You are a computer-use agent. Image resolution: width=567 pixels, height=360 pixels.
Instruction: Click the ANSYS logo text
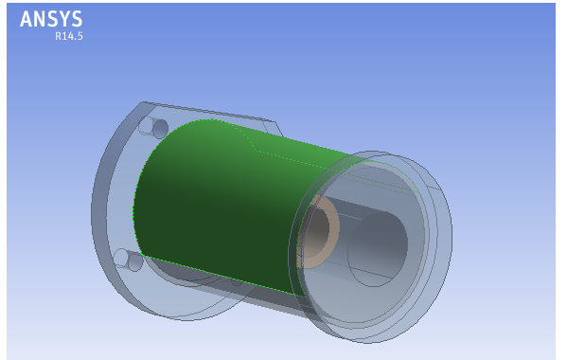click(51, 19)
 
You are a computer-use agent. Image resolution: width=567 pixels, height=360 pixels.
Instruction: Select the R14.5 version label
click(69, 36)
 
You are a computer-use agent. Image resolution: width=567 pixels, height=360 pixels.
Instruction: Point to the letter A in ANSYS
click(27, 19)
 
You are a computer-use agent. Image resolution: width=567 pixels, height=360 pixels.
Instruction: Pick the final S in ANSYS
click(77, 19)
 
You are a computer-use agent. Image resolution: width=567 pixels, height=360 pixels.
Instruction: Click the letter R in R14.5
click(58, 36)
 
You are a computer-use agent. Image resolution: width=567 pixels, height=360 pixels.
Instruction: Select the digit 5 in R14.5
click(80, 36)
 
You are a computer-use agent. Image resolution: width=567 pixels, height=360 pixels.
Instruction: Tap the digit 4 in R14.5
click(69, 36)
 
